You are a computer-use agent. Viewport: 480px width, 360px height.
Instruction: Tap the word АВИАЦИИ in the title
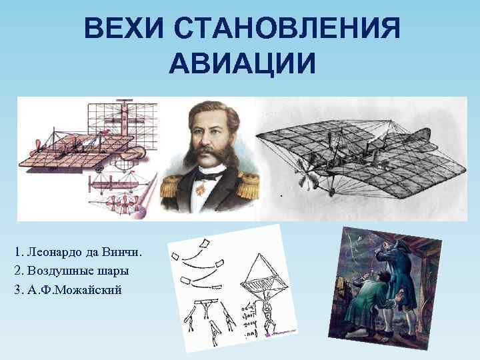click(240, 63)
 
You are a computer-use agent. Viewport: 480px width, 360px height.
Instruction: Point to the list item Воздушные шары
click(77, 271)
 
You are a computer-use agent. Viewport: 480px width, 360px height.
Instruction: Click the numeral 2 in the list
click(16, 271)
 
